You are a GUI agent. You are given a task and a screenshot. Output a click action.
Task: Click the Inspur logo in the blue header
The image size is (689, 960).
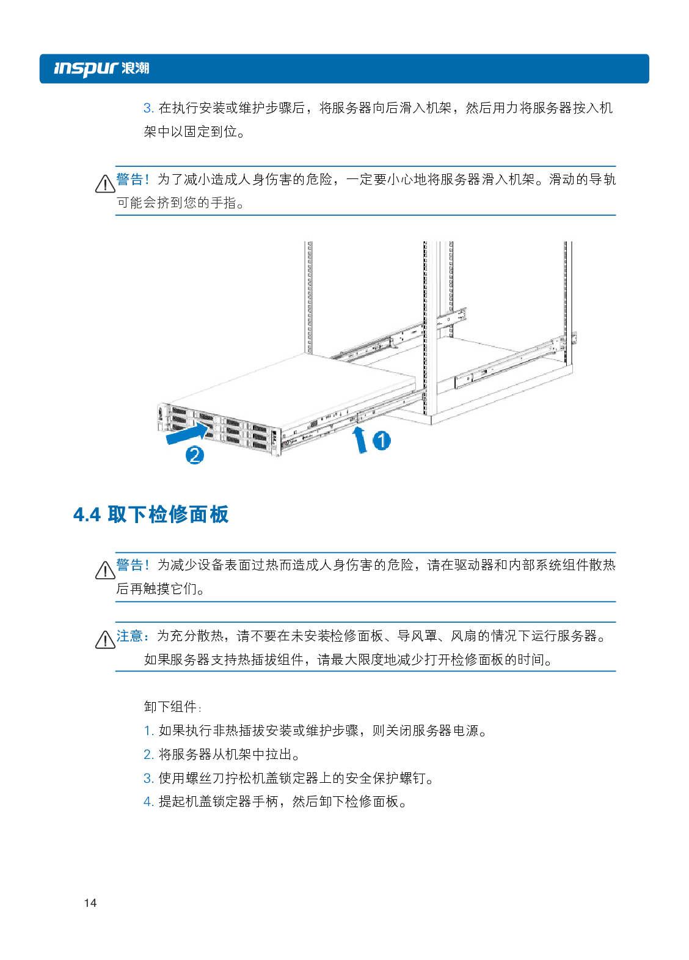tap(101, 68)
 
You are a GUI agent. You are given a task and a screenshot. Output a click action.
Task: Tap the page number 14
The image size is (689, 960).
tap(90, 903)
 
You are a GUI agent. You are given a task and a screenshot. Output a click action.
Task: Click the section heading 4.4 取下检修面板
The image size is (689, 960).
tap(151, 515)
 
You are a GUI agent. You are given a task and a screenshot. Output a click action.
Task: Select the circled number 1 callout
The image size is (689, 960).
tap(381, 441)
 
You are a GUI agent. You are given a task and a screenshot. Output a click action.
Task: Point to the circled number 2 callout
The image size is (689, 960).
tap(194, 455)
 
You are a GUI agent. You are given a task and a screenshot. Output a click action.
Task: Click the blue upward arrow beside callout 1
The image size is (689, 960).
tap(359, 439)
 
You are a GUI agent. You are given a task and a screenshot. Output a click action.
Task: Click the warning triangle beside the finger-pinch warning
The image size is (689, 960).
tap(105, 184)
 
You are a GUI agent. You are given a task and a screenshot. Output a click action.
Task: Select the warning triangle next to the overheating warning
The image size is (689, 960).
tap(105, 570)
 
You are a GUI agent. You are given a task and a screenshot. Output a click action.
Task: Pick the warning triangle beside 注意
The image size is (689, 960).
tap(105, 640)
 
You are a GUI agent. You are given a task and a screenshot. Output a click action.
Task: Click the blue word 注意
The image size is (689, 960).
tap(129, 636)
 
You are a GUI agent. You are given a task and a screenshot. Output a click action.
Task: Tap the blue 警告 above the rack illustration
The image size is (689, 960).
tap(129, 179)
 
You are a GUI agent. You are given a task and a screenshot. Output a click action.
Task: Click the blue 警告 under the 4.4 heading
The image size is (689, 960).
tap(129, 565)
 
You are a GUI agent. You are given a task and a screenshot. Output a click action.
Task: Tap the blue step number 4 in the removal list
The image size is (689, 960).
tap(148, 802)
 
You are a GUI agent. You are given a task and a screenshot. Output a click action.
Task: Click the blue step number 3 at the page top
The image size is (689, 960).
tap(148, 108)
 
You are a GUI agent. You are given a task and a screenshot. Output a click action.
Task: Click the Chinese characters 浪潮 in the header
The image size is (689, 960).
tap(136, 68)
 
